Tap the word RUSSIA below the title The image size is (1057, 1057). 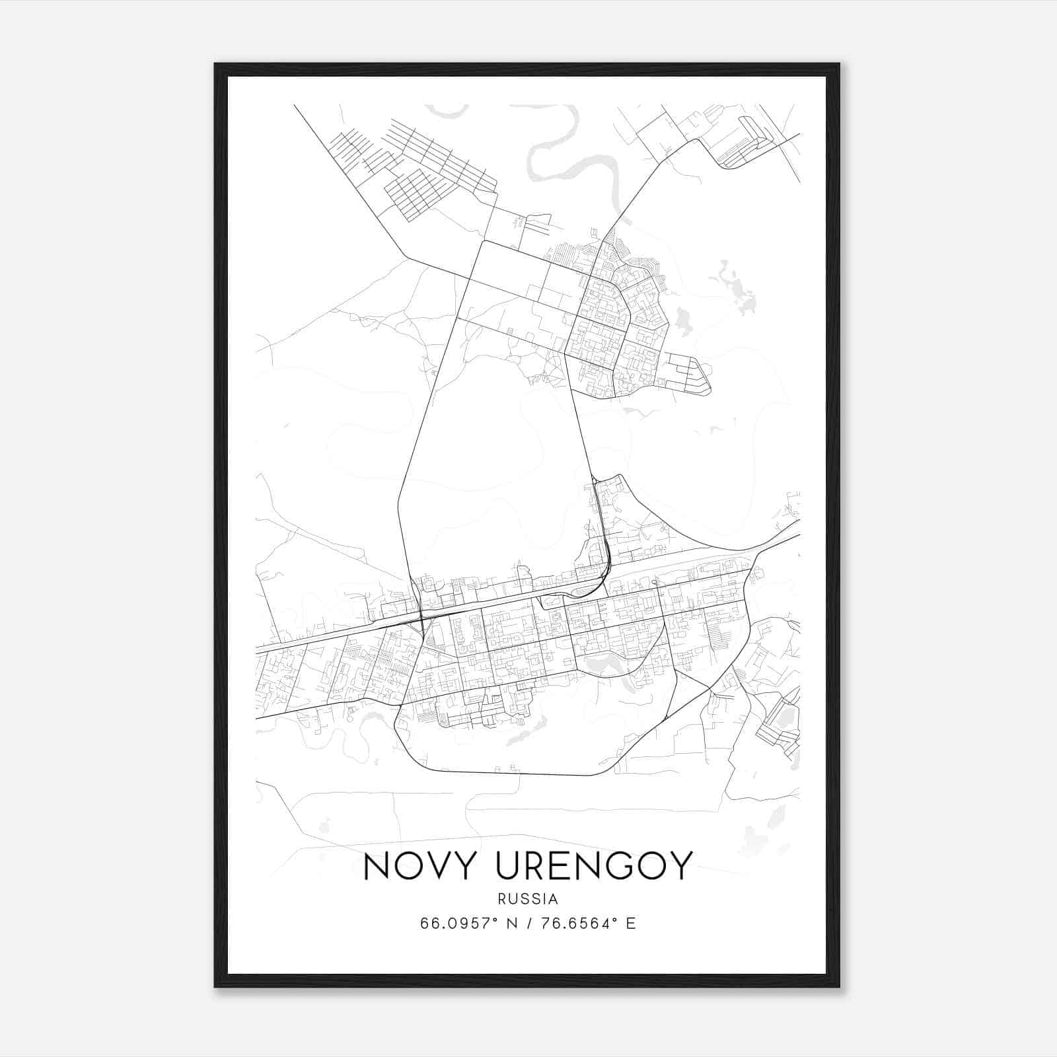[528, 899]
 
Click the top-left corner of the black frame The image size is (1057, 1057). [216, 65]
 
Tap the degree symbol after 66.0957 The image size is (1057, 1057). [495, 919]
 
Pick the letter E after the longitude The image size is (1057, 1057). [631, 923]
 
